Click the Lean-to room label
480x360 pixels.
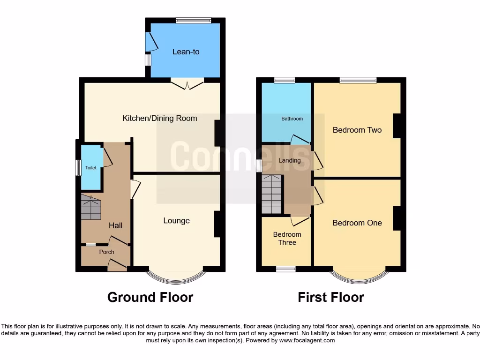point(186,52)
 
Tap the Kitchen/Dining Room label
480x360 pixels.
point(159,118)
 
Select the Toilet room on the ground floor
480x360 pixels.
point(91,168)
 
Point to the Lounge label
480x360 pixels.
point(176,220)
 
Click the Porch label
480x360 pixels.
point(106,252)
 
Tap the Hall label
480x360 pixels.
point(115,225)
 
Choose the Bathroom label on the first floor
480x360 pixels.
point(292,119)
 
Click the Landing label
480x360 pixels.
point(290,160)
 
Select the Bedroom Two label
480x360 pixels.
point(357,130)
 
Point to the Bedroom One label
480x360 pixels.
point(357,223)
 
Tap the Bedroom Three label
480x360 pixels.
point(287,238)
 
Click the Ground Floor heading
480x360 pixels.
point(150,297)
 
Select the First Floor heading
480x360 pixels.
point(330,297)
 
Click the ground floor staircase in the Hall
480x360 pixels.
point(91,208)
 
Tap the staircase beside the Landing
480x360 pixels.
point(272,194)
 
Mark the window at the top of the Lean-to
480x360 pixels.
point(193,20)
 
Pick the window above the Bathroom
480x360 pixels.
point(284,80)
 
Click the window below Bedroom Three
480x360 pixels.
point(285,269)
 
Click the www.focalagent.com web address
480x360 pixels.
point(307,341)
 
